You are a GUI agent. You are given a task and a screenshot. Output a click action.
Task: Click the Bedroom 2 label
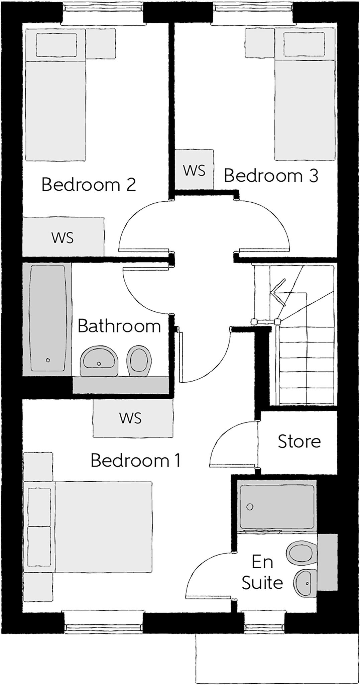pos(89,185)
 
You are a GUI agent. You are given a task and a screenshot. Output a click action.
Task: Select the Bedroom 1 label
pos(135,460)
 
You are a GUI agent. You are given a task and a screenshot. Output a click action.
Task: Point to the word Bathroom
pos(119,326)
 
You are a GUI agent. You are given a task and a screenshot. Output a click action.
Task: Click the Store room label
pos(299,441)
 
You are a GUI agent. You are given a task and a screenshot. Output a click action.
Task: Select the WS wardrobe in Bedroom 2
pos(63,237)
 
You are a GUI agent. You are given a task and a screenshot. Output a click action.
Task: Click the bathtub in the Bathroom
pos(47,318)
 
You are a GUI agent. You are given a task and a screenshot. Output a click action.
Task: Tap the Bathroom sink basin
pos(99,361)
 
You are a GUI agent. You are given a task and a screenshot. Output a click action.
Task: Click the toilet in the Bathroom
pos(138,361)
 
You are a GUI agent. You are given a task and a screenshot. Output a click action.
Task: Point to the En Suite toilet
pos(301,554)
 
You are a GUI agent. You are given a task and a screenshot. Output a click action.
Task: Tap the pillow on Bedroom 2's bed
pos(56,44)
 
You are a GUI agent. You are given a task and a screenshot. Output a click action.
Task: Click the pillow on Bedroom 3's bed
pos(304,44)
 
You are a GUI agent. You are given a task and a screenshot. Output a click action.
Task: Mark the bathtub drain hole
pos(48,360)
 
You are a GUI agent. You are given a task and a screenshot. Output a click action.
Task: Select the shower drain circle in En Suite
pos(250,507)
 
